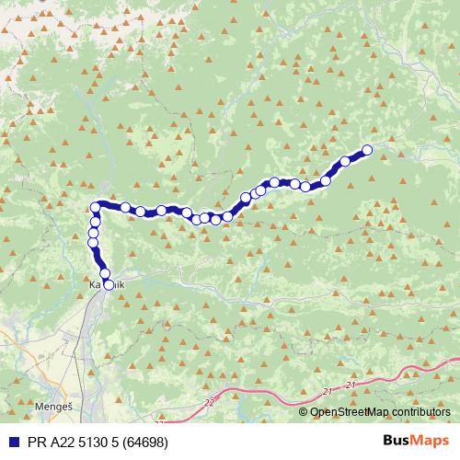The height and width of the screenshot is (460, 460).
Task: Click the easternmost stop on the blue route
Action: point(367,149)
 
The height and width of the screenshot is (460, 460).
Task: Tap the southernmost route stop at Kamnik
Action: point(109,285)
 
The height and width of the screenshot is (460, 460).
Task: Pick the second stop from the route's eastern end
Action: point(346,162)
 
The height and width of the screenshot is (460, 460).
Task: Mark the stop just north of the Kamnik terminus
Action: point(104,273)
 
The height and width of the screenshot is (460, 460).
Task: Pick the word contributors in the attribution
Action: point(420,411)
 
